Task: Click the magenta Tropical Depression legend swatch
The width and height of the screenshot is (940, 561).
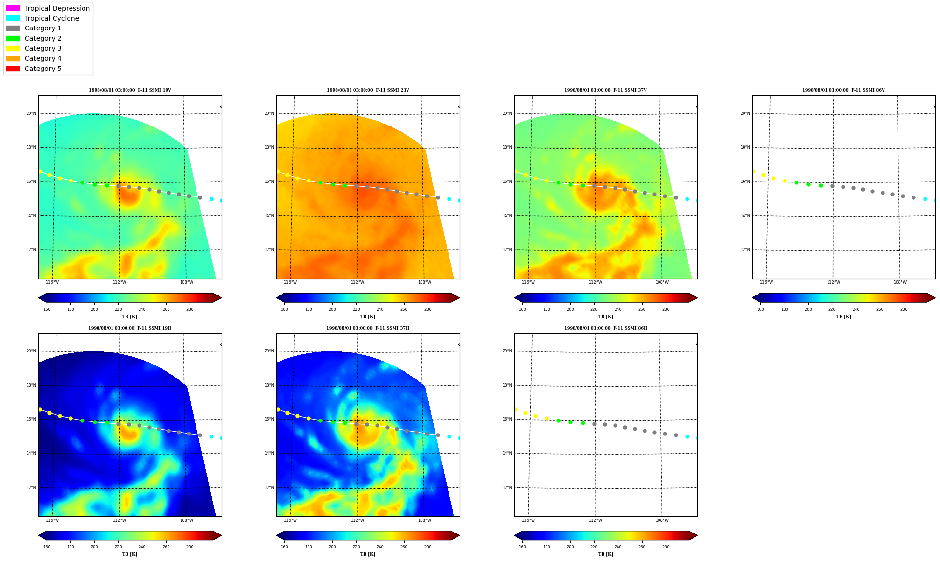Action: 13,8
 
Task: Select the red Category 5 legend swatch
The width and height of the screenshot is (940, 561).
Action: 13,69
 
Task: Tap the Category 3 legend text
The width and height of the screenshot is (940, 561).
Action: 43,48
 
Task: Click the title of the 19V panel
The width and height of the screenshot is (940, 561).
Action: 130,90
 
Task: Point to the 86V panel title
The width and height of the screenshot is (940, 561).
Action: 843,90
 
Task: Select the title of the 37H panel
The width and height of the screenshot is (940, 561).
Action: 368,328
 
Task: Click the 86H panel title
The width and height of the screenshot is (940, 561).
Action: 606,328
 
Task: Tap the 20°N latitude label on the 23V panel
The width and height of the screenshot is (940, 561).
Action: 269,113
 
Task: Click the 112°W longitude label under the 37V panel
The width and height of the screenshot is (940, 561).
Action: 595,282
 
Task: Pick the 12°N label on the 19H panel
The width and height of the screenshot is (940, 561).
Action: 31,488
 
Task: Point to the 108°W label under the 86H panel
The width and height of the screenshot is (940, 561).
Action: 662,520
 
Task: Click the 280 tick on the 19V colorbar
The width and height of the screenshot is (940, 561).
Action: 190,309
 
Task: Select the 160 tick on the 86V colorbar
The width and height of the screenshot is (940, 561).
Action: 760,309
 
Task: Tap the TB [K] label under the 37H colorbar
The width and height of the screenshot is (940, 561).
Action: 367,554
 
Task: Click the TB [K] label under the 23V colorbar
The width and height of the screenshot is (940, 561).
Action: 367,317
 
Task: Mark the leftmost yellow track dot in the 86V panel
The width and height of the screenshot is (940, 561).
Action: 754,171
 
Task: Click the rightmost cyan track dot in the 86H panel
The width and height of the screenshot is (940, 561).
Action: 696,438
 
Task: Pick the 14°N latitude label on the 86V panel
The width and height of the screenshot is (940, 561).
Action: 745,216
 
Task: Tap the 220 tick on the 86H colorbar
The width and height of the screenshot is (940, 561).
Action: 594,547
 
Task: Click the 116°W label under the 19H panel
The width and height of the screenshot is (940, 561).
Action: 52,520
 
